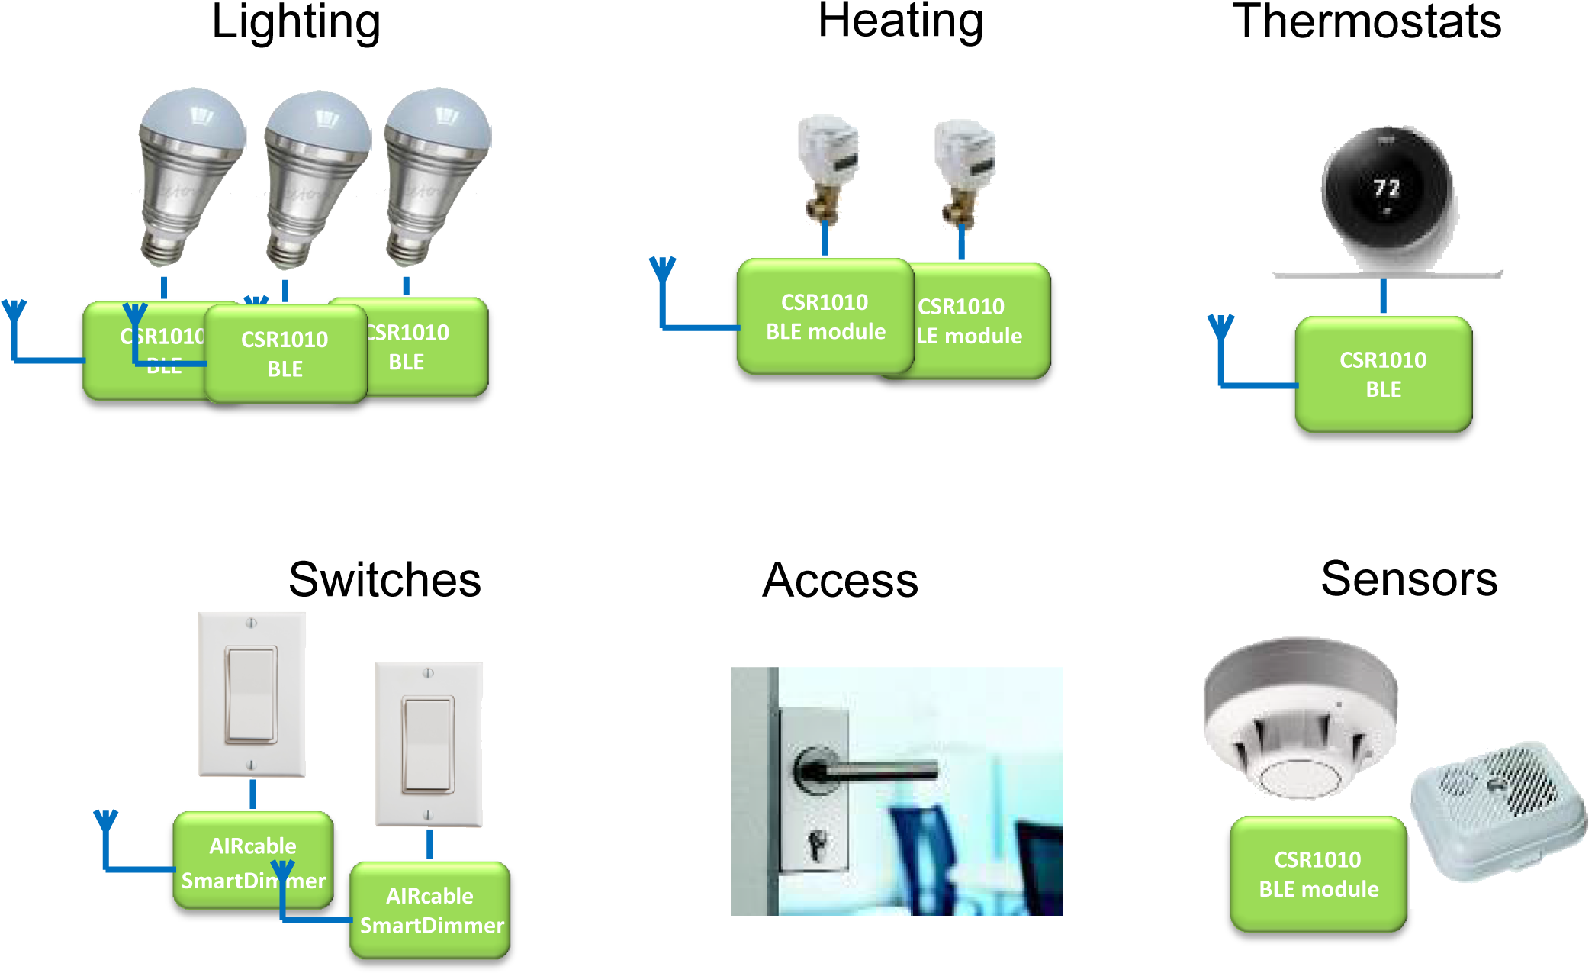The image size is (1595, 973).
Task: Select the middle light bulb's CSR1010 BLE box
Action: tap(285, 354)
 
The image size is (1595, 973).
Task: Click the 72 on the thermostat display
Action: tap(1386, 188)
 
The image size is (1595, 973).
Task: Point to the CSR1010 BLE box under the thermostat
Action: tap(1383, 374)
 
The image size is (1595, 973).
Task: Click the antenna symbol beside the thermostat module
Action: tap(1220, 328)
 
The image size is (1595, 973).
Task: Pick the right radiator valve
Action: tap(963, 172)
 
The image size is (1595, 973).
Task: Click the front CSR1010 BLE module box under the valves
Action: tap(825, 317)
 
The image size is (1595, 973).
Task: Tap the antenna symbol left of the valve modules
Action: tap(662, 271)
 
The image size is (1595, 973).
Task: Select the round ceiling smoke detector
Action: tap(1301, 717)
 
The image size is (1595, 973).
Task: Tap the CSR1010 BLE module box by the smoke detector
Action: tap(1318, 874)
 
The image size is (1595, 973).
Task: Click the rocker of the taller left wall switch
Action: tap(251, 694)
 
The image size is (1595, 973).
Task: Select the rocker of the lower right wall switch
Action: tap(429, 744)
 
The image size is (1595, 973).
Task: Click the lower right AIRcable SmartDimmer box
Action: tap(430, 910)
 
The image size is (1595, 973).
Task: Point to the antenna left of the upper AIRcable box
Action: tap(106, 823)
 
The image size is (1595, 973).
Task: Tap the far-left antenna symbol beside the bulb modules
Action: tap(14, 313)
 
